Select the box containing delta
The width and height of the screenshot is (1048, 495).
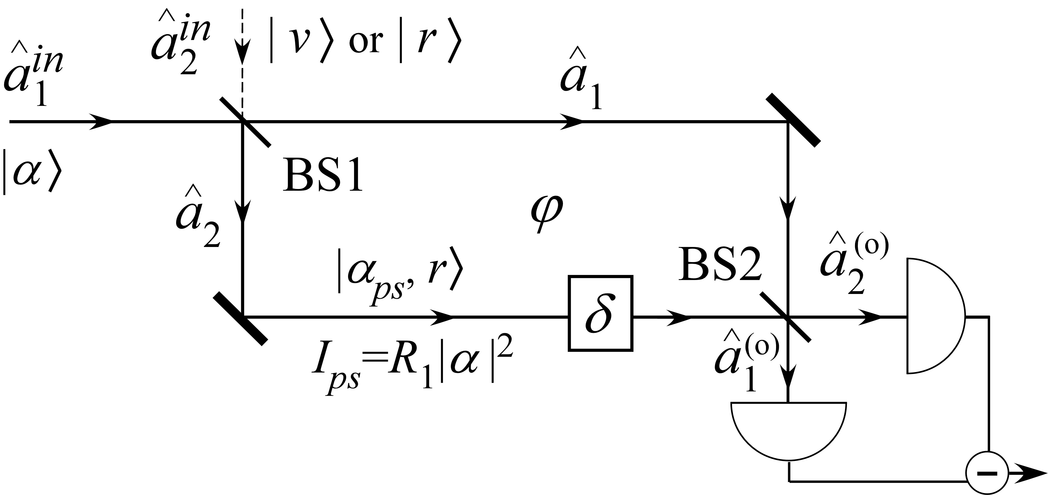click(600, 313)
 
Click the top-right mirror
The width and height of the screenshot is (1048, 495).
click(793, 120)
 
